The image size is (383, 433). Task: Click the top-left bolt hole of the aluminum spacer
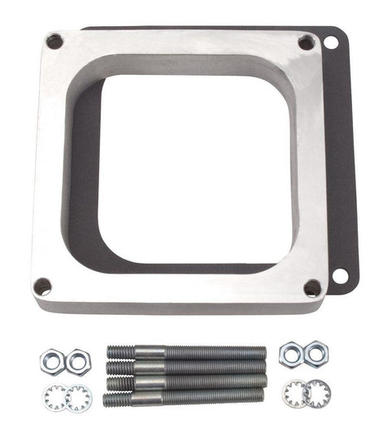pyautogui.click(x=54, y=41)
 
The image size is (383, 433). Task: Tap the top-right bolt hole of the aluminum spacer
pyautogui.click(x=307, y=43)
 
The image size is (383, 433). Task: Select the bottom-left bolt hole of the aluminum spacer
pyautogui.click(x=42, y=286)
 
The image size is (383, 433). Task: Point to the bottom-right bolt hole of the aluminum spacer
pyautogui.click(x=312, y=287)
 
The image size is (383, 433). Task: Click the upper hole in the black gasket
pyautogui.click(x=331, y=42)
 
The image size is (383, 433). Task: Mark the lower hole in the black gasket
pyautogui.click(x=340, y=276)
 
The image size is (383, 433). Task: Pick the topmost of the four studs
pyautogui.click(x=186, y=352)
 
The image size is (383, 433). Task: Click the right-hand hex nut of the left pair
pyautogui.click(x=79, y=360)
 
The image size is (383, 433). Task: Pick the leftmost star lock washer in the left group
pyautogui.click(x=55, y=397)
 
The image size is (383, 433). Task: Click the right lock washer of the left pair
pyautogui.click(x=79, y=397)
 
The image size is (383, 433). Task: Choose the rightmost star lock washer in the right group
pyautogui.click(x=317, y=395)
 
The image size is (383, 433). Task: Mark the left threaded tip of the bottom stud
pyautogui.click(x=114, y=399)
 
